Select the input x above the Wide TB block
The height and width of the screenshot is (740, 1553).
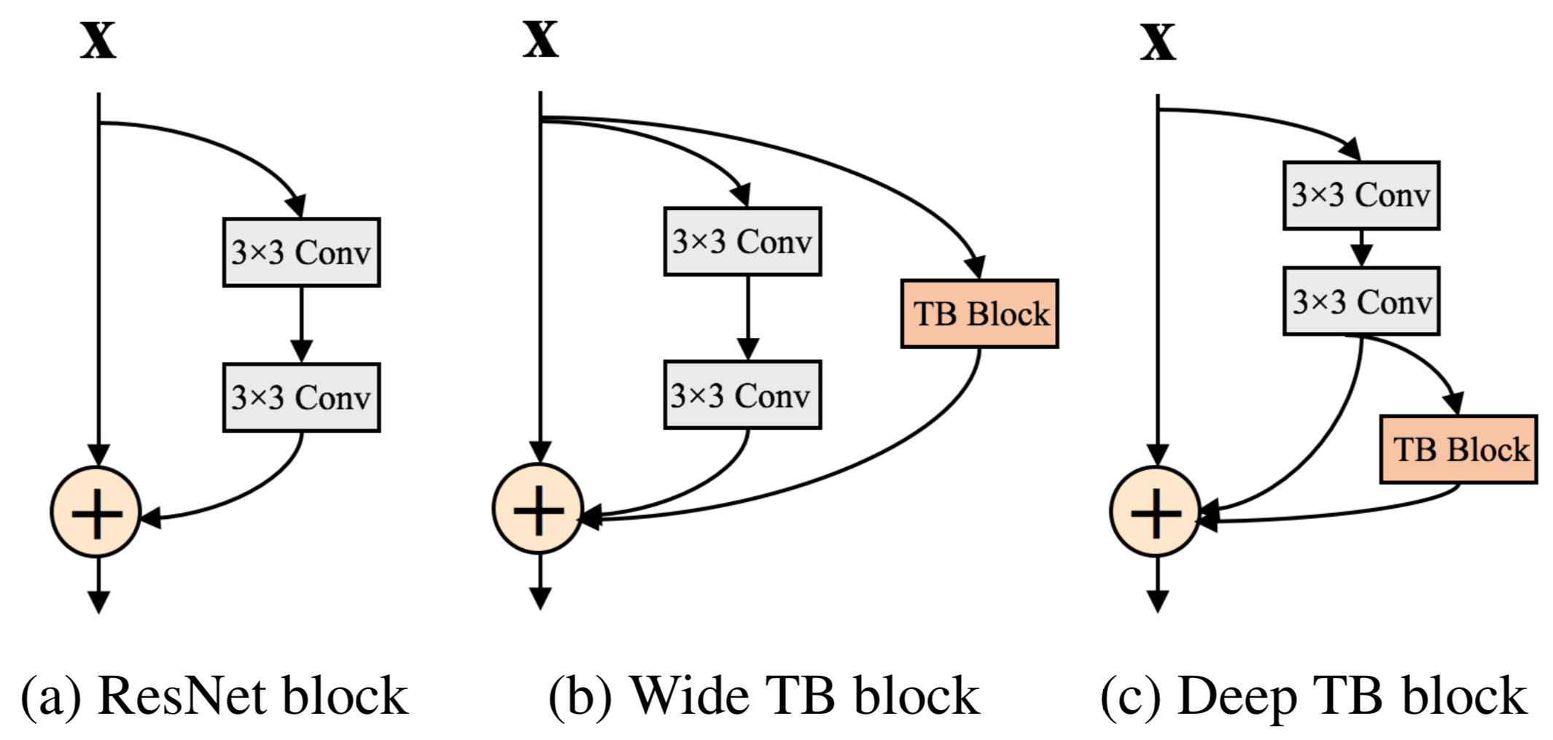click(x=540, y=39)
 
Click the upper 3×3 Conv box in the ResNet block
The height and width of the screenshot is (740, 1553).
click(x=301, y=253)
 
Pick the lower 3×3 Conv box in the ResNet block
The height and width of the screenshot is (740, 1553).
click(x=301, y=398)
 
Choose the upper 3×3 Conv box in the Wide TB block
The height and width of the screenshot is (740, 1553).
click(x=742, y=242)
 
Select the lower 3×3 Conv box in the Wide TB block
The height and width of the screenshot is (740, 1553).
click(x=742, y=395)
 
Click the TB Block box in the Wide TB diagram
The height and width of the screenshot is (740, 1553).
click(x=979, y=314)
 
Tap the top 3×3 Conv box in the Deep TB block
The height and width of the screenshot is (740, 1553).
click(x=1361, y=196)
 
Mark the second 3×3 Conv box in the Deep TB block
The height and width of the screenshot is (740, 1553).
click(x=1361, y=301)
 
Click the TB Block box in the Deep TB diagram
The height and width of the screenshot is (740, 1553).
click(x=1458, y=450)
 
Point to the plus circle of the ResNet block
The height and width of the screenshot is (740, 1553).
click(x=96, y=512)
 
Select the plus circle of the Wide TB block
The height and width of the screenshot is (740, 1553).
click(x=538, y=509)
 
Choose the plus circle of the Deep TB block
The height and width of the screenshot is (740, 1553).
click(x=1156, y=512)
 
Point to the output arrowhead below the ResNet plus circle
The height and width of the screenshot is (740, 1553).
click(x=98, y=601)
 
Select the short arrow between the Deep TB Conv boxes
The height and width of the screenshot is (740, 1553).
click(x=1361, y=249)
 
